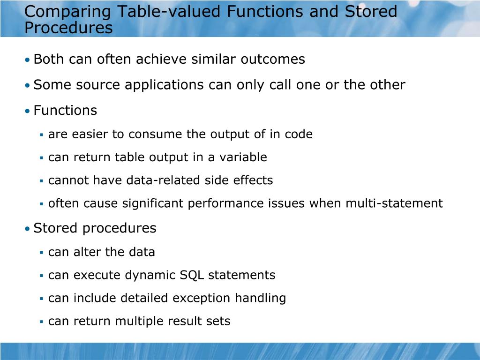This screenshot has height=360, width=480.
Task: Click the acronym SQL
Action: tap(192, 275)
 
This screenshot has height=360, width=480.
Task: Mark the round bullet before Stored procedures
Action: tap(28, 229)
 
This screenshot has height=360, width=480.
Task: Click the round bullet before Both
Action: tap(28, 60)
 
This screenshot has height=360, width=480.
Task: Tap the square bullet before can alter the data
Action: tap(42, 253)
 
